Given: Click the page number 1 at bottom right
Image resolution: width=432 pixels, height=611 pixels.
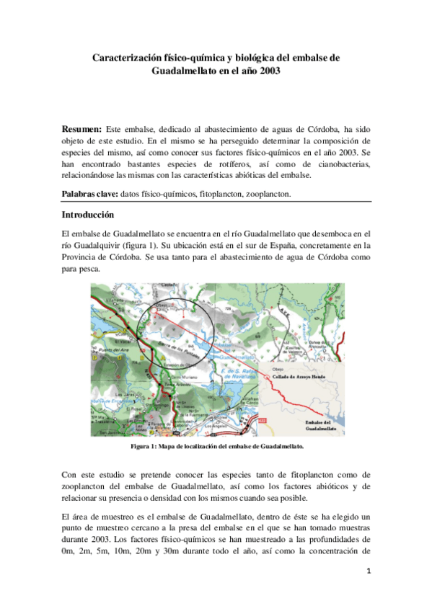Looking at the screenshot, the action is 368,572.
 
